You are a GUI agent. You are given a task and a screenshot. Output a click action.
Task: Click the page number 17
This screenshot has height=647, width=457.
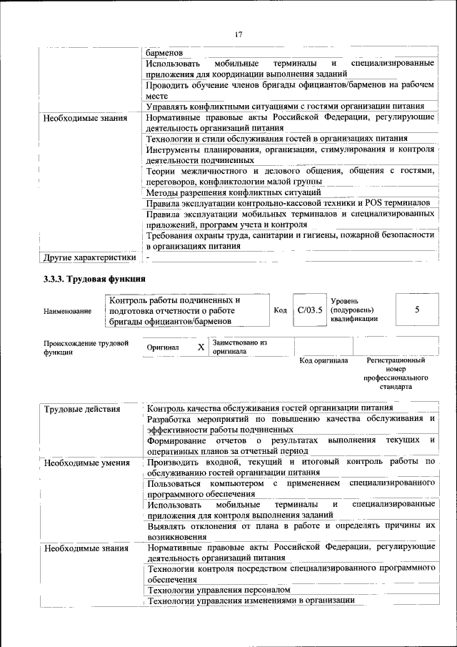(238, 33)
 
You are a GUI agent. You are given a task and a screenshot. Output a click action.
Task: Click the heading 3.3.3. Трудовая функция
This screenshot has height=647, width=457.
(94, 279)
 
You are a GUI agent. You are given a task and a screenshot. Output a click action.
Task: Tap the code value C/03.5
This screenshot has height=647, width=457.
(311, 310)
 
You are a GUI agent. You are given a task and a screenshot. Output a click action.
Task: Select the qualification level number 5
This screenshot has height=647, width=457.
(416, 310)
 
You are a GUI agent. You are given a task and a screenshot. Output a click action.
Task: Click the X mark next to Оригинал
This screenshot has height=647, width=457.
(201, 347)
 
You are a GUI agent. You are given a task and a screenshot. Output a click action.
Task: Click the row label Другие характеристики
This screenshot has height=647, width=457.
(89, 257)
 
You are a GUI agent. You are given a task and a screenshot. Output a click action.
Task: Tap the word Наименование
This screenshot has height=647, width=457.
(67, 311)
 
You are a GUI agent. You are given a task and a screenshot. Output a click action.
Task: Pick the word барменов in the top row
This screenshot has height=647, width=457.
(165, 53)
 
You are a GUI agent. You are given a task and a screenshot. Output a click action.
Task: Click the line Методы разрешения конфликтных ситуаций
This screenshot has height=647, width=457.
(233, 192)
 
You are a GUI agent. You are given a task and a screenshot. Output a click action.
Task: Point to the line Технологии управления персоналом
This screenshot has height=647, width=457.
(219, 590)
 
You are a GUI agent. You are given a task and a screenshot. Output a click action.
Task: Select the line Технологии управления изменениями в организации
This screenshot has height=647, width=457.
(251, 601)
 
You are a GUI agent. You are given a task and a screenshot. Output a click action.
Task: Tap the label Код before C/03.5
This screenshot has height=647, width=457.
(281, 310)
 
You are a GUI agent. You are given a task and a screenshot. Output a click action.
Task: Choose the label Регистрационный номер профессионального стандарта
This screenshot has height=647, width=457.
(396, 373)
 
